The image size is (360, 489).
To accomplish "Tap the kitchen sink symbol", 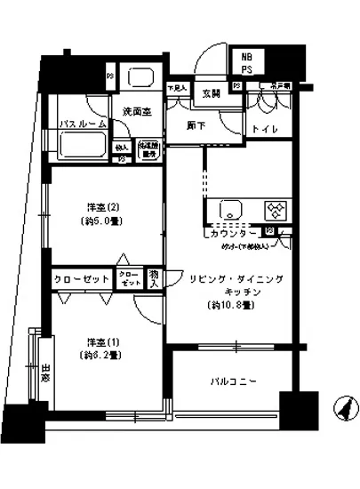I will pyautogui.click(x=229, y=212).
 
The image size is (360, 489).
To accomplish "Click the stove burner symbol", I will pyautogui.click(x=276, y=212).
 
